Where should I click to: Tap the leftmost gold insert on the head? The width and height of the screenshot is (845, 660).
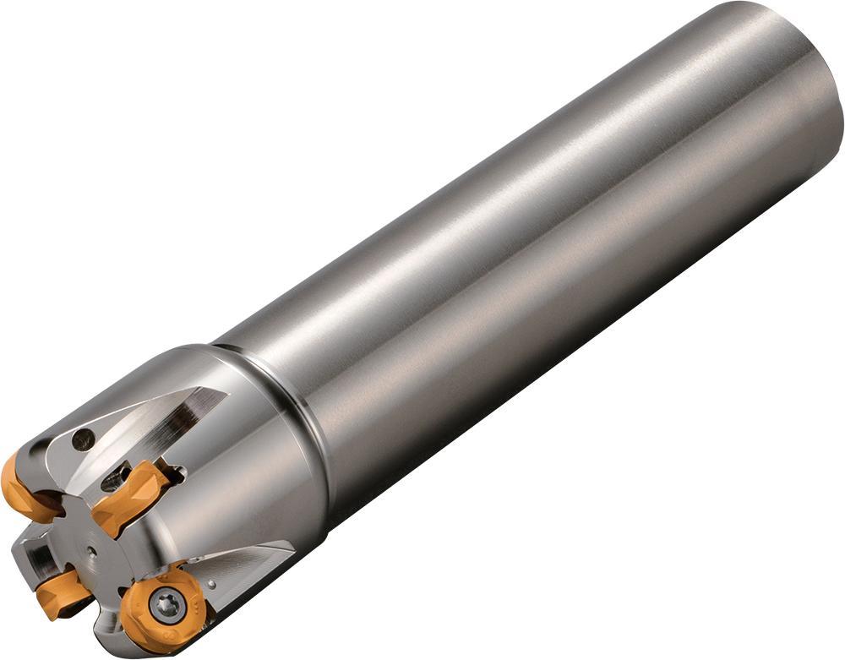coord(25,489)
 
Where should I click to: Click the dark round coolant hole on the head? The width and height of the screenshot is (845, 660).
coord(83,439)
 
